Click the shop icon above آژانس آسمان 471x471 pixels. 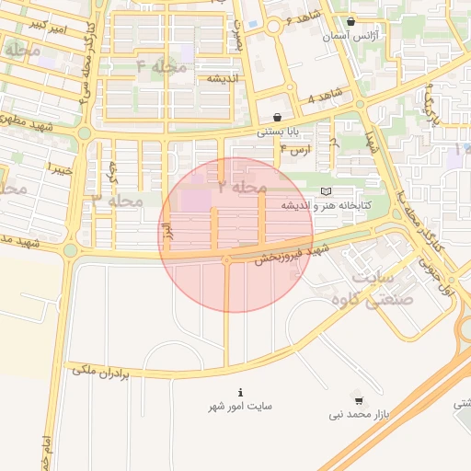pyautogui.click(x=350, y=22)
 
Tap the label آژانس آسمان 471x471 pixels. pyautogui.click(x=350, y=38)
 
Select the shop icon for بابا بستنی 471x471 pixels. pyautogui.click(x=277, y=117)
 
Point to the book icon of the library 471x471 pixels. pyautogui.click(x=325, y=191)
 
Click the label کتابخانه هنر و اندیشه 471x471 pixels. pyautogui.click(x=325, y=205)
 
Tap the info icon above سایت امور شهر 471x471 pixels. pyautogui.click(x=240, y=391)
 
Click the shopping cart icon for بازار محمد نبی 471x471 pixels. pyautogui.click(x=358, y=400)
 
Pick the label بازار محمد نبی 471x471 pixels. pyautogui.click(x=360, y=415)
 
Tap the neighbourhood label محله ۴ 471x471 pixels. pyautogui.click(x=161, y=67)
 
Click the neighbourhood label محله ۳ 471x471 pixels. pyautogui.click(x=118, y=200)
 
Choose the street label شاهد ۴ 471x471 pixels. pyautogui.click(x=325, y=95)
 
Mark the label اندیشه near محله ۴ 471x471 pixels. pyautogui.click(x=222, y=78)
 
